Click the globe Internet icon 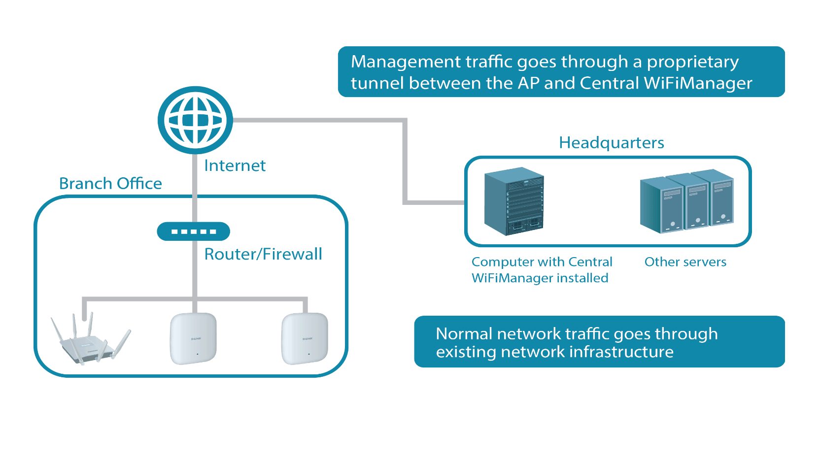pos(195,120)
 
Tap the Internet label pos(235,165)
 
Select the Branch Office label pos(110,183)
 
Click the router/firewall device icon pos(193,231)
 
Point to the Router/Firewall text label pos(263,254)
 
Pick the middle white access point pos(193,338)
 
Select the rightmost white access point pos(305,338)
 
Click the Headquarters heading pos(611,143)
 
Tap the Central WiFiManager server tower pos(514,200)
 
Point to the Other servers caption pos(685,262)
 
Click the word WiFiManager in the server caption pos(512,278)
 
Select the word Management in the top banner pos(405,62)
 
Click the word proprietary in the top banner pos(692,63)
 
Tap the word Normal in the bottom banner pos(464,334)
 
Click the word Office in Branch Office pos(139,183)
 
